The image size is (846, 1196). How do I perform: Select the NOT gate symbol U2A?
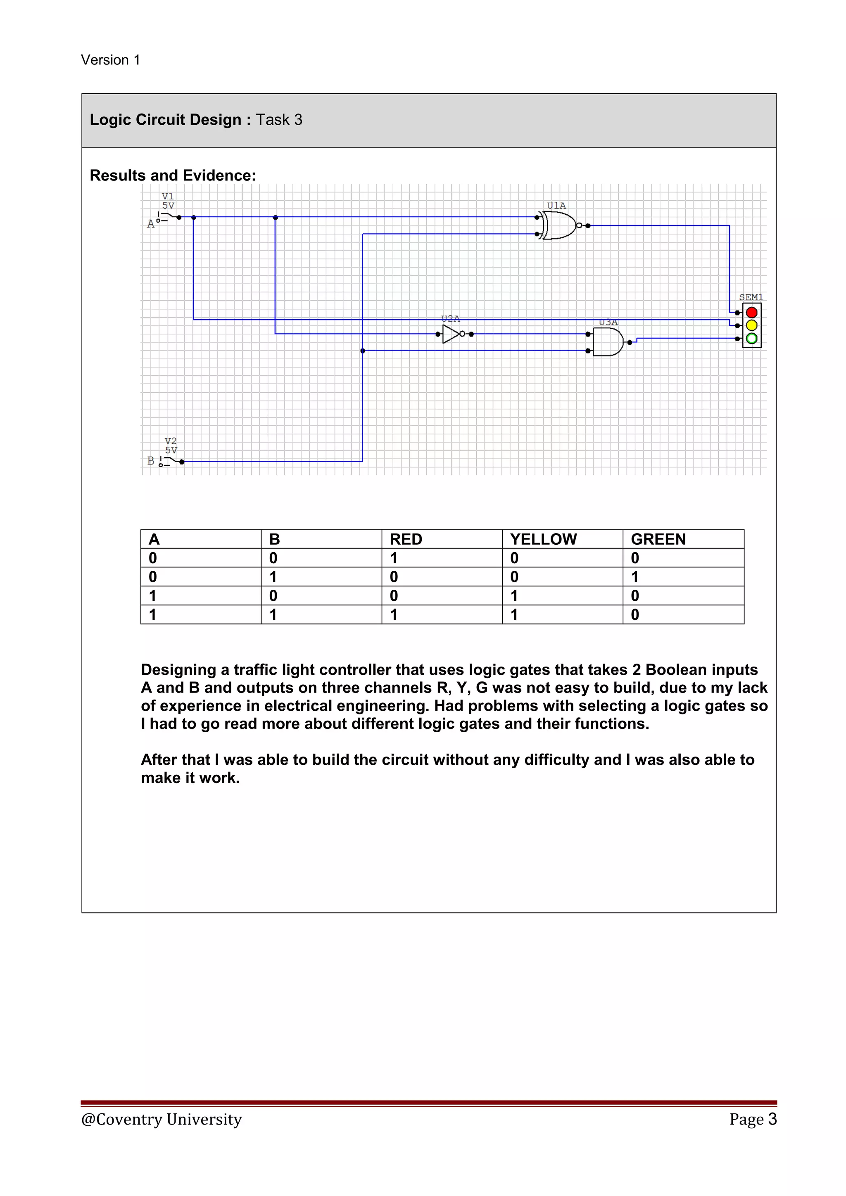[451, 334]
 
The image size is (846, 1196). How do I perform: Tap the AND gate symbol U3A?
[607, 342]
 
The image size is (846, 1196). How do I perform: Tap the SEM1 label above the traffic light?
[751, 297]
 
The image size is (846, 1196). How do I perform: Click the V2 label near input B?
[171, 441]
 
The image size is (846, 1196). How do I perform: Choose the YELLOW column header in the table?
[543, 539]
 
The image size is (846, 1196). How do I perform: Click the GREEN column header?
[658, 539]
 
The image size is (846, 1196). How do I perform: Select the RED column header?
[406, 539]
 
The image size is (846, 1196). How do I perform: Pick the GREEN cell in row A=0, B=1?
[635, 577]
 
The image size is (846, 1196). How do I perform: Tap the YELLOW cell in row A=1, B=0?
[514, 596]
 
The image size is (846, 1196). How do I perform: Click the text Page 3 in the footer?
[753, 1119]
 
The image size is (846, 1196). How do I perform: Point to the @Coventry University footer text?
[162, 1119]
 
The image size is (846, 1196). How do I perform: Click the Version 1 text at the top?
[110, 60]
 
